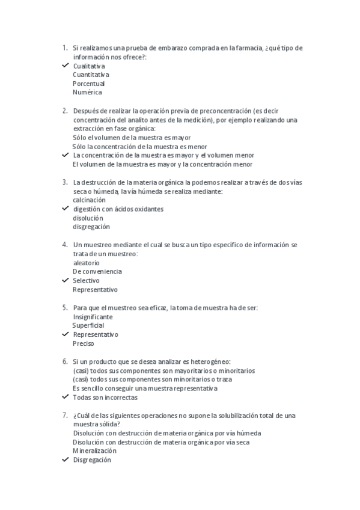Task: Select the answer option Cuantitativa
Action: coord(91,75)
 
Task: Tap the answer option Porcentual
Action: coord(88,84)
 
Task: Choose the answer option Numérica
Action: coord(87,93)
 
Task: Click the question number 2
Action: coord(64,111)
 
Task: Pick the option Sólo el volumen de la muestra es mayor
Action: coord(127,137)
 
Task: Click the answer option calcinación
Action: coord(89,200)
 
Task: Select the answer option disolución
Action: coord(88,218)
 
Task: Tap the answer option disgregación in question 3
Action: coord(91,227)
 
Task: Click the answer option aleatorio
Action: coord(87,263)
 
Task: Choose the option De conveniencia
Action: coord(97,271)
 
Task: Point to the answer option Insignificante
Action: coord(93,316)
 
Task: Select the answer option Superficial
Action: coord(88,325)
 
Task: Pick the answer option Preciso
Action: coord(84,343)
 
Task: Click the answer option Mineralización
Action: coord(94,450)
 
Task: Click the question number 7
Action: coord(64,416)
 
